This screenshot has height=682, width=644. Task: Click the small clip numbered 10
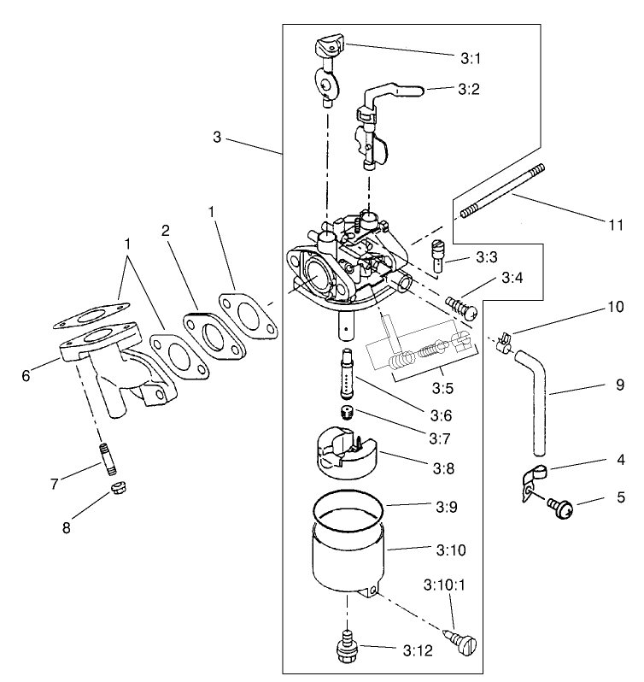tap(504, 342)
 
